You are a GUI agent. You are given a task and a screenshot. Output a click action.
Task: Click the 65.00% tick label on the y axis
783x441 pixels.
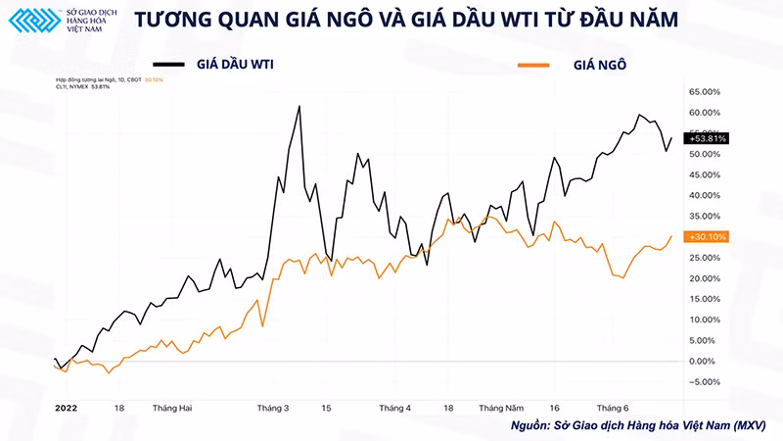(x=705, y=91)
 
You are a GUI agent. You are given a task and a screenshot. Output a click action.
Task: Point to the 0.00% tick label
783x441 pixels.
(x=704, y=361)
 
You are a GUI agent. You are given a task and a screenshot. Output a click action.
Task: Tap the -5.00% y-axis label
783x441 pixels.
(x=704, y=382)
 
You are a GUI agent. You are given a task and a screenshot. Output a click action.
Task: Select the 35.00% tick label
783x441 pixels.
(x=705, y=216)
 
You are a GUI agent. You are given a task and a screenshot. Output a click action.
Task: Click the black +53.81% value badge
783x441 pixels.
(x=708, y=139)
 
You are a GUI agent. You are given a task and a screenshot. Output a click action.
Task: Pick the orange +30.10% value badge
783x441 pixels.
(x=707, y=237)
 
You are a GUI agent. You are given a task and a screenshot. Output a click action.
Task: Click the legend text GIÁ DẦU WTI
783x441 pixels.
(x=234, y=65)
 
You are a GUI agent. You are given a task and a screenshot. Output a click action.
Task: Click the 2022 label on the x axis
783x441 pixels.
(x=66, y=407)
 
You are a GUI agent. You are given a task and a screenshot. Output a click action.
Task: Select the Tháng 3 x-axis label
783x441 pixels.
(x=272, y=407)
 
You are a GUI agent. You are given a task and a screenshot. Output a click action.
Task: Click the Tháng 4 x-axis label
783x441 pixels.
(x=394, y=407)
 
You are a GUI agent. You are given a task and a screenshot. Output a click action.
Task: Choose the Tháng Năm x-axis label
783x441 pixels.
(x=501, y=407)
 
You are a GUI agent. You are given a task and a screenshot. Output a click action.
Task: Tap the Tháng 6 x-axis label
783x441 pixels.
(x=612, y=407)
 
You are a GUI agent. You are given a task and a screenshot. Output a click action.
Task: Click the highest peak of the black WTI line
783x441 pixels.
(x=299, y=105)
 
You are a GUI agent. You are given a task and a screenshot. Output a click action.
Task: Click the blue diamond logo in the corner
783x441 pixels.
(x=27, y=23)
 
